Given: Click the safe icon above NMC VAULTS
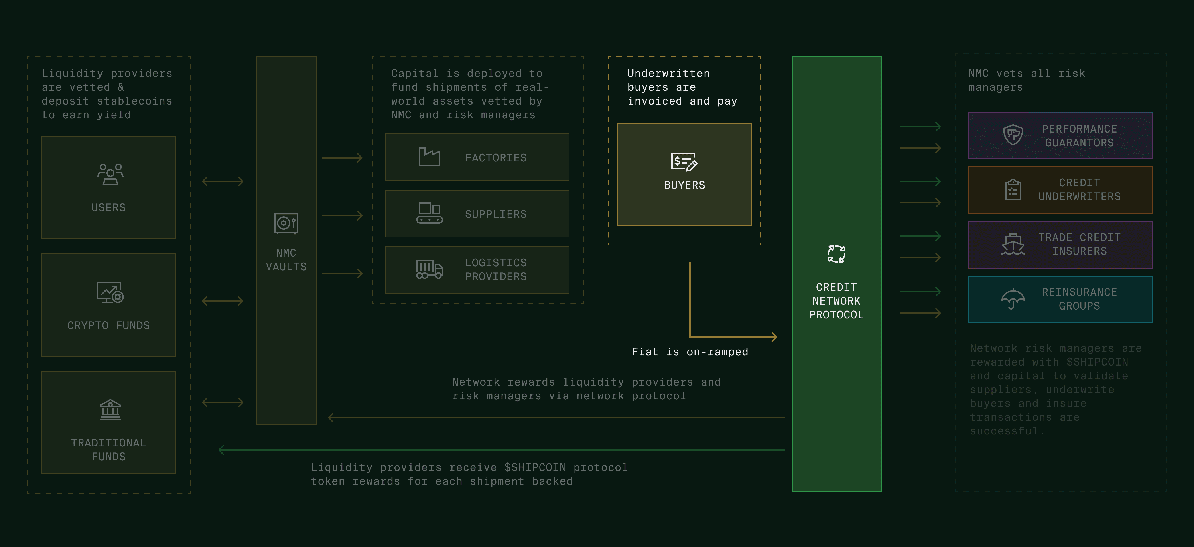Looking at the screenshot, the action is (x=286, y=223).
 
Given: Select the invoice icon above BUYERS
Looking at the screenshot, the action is (x=684, y=162).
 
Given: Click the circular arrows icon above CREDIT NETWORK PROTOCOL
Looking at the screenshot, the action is (x=836, y=254).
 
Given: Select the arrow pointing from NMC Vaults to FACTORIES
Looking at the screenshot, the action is (x=342, y=158).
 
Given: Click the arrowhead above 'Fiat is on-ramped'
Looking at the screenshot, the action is (x=774, y=337).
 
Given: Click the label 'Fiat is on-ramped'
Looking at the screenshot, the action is (x=690, y=352).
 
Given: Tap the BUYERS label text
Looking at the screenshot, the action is (x=684, y=185).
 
